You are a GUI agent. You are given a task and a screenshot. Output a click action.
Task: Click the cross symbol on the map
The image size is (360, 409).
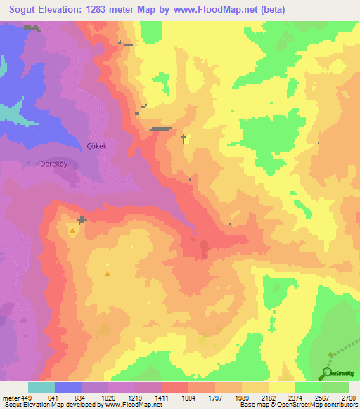(x=184, y=138)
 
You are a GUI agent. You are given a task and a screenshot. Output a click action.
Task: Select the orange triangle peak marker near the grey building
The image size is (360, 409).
(x=72, y=229)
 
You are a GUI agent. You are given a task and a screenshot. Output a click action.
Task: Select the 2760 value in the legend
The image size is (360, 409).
(x=349, y=397)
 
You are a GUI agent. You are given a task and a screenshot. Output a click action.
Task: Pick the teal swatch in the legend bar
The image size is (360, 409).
(x=41, y=387)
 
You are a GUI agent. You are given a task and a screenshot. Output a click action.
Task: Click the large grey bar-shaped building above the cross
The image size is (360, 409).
(x=161, y=129)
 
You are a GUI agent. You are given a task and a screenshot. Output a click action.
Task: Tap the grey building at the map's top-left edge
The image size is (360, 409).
(x=30, y=27)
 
